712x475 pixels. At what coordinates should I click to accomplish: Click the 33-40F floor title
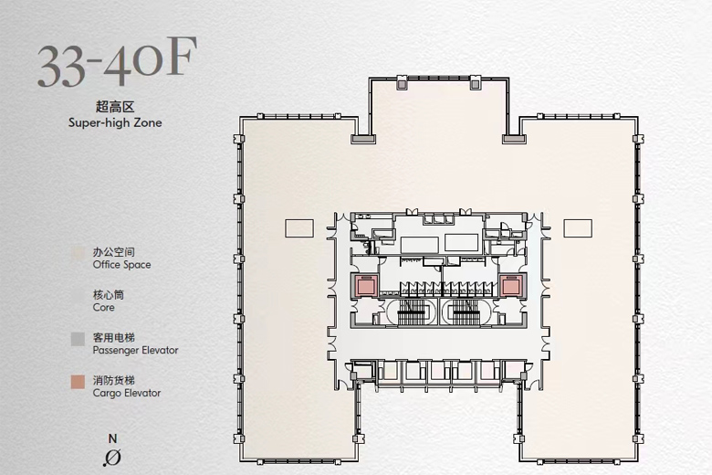click(117, 62)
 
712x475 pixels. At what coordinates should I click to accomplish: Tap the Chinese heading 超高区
click(115, 107)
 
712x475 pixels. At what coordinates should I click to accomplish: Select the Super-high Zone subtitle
click(115, 122)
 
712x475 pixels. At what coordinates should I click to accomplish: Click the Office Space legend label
click(121, 265)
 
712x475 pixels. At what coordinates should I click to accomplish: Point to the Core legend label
click(103, 307)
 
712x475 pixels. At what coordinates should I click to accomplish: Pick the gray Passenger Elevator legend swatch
click(78, 339)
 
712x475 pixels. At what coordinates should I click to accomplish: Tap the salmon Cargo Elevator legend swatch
click(78, 382)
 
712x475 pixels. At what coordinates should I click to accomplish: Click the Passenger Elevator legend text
click(135, 350)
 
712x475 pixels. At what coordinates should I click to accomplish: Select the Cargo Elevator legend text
click(127, 393)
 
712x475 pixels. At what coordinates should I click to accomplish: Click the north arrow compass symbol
click(112, 458)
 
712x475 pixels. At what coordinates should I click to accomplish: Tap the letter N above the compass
click(112, 438)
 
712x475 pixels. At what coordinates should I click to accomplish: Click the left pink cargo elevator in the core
click(364, 286)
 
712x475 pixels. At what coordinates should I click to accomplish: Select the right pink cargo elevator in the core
click(510, 286)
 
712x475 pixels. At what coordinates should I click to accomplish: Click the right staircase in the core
click(466, 312)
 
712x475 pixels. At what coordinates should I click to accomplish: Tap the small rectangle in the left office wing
click(299, 228)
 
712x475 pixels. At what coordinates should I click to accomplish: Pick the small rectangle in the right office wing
click(578, 228)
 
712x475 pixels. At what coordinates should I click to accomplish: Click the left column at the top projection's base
click(363, 139)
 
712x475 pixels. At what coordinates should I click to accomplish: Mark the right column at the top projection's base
click(515, 139)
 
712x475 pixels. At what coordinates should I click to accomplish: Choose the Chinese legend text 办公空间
click(113, 252)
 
